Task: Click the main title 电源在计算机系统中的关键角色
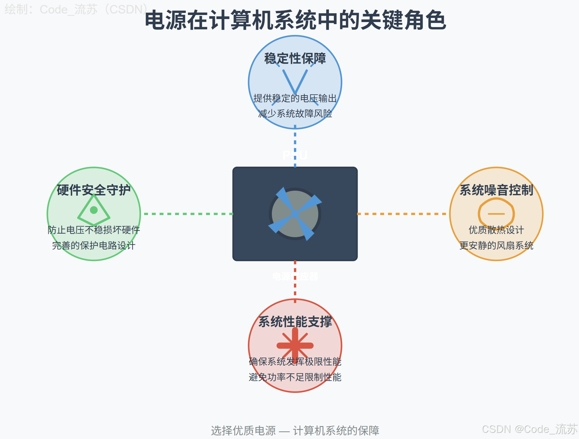[295, 20]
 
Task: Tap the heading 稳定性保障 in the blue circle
[295, 58]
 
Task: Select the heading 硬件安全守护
[94, 190]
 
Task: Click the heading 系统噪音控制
[496, 190]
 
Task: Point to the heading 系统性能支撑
[295, 321]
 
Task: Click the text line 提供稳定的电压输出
[295, 98]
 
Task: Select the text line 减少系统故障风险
[295, 113]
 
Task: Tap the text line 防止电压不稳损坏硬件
[94, 230]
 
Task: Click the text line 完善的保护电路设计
[94, 245]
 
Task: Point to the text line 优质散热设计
[496, 230]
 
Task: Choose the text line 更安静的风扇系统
[496, 245]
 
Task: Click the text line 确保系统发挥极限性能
[295, 361]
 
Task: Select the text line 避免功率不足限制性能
[295, 377]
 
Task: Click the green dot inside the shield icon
[94, 210]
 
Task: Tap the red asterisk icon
[295, 345]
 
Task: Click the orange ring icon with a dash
[496, 214]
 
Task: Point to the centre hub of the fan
[295, 214]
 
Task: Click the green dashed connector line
[188, 214]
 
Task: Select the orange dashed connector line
[402, 214]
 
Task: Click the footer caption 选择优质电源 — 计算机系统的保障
[295, 430]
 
